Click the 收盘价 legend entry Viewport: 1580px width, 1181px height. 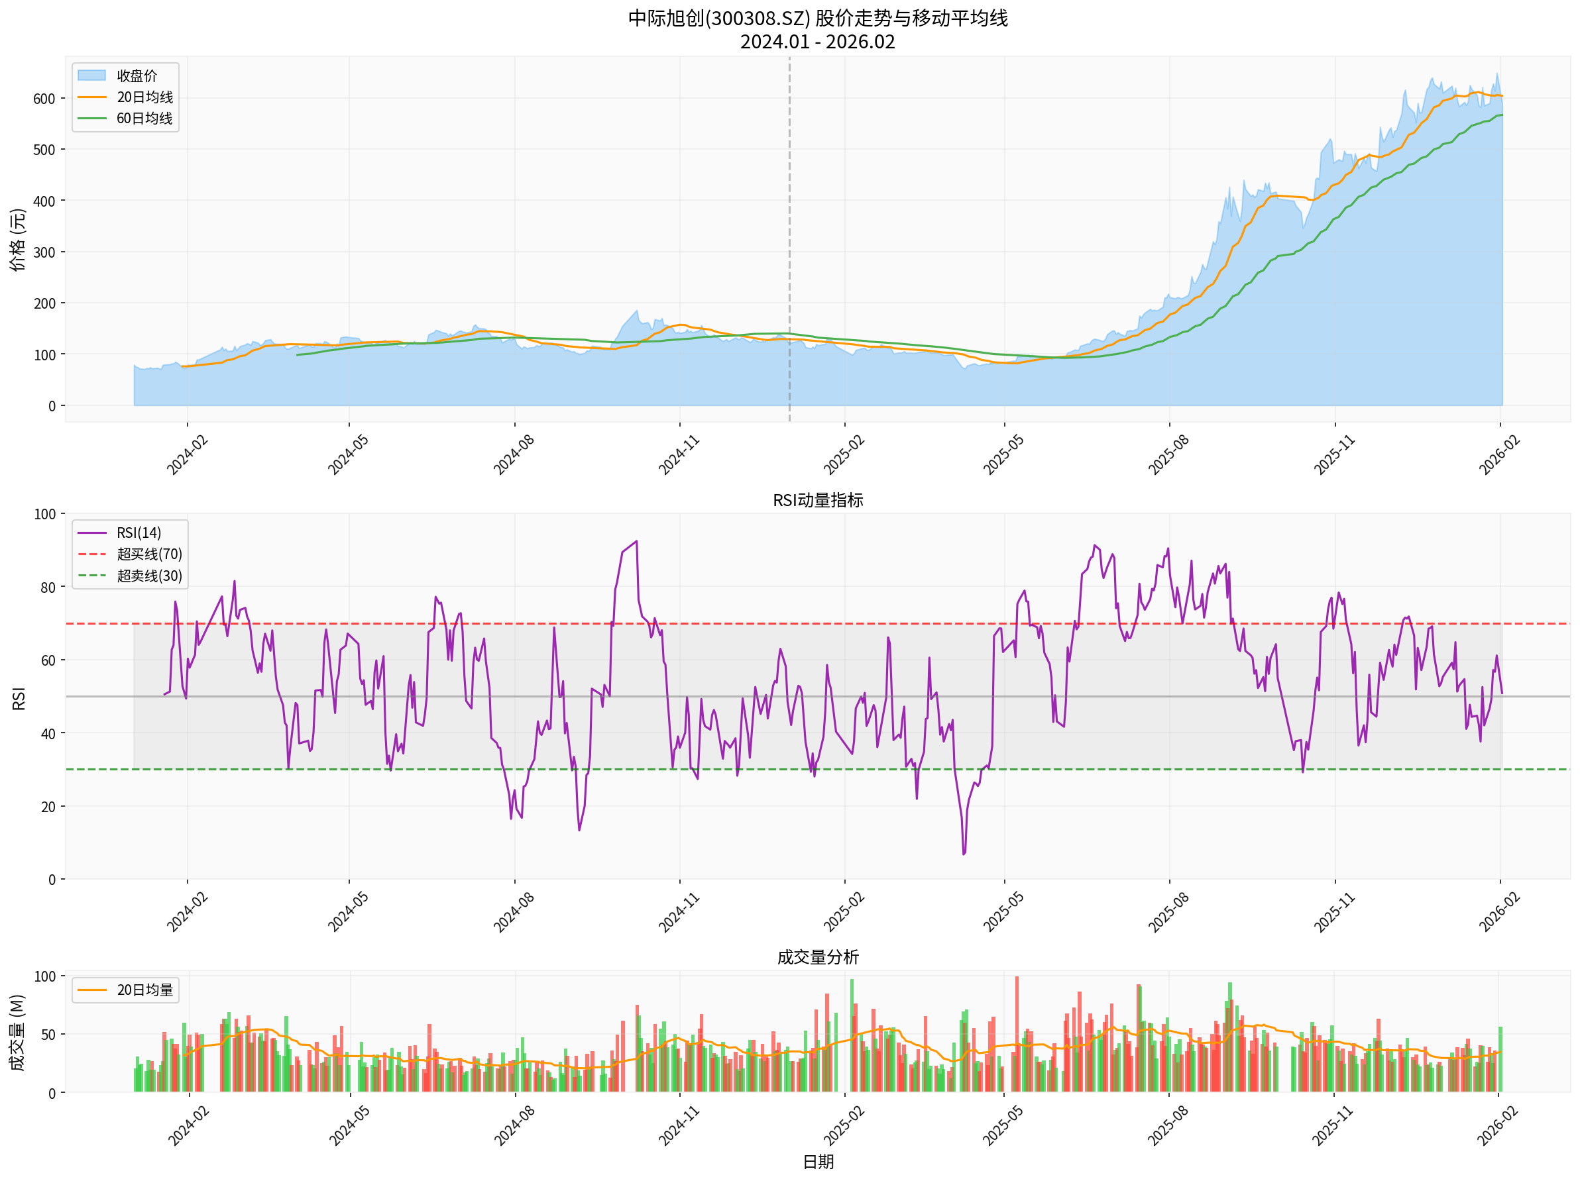click(x=136, y=76)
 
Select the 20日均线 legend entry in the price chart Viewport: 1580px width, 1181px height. click(x=144, y=97)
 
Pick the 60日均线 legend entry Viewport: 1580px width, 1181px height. click(x=144, y=119)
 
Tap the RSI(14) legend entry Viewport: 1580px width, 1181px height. click(x=139, y=533)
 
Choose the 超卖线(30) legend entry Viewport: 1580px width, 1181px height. click(x=149, y=576)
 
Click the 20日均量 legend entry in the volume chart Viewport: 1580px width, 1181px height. click(x=144, y=990)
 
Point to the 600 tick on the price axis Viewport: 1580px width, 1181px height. click(x=44, y=99)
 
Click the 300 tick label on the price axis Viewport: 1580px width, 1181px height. click(x=44, y=252)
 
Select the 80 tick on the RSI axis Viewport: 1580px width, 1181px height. click(x=48, y=588)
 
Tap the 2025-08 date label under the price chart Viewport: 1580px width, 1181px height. click(x=1168, y=454)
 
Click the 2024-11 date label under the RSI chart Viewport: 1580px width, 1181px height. click(x=679, y=912)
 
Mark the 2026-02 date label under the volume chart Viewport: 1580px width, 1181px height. click(x=1497, y=1126)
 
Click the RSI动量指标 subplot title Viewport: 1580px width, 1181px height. click(x=818, y=500)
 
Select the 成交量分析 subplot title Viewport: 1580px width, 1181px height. click(x=818, y=957)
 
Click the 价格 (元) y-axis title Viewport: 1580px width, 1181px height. click(x=18, y=240)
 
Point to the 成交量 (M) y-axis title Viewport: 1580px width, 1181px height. click(x=18, y=1032)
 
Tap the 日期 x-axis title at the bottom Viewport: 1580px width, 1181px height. click(x=818, y=1162)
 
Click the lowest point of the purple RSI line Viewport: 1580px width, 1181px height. click(x=964, y=854)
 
